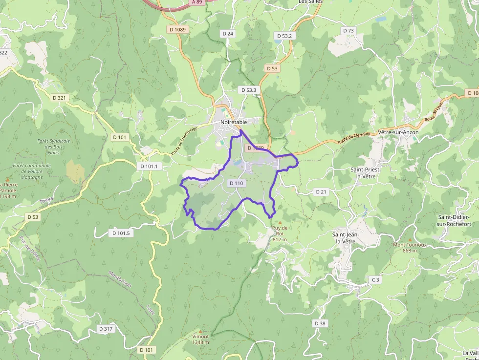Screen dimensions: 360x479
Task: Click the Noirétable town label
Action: click(234, 122)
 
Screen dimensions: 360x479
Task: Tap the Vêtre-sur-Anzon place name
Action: click(398, 132)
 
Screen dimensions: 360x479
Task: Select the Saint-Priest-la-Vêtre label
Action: click(366, 173)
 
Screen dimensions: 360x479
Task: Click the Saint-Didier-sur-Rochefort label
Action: click(454, 220)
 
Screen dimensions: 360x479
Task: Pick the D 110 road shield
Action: click(236, 183)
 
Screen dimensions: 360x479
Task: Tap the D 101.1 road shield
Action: click(150, 166)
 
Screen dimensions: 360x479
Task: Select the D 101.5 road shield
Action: click(121, 233)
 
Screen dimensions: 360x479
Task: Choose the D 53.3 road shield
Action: click(249, 90)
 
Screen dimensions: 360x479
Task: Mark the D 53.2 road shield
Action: click(284, 36)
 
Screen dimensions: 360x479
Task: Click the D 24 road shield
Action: click(228, 34)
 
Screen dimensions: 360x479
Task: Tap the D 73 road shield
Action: click(348, 30)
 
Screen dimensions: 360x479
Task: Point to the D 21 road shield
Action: click(321, 191)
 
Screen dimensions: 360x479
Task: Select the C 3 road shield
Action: click(375, 279)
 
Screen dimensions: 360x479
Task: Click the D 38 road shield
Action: click(320, 323)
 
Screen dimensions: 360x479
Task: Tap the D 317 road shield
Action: click(106, 329)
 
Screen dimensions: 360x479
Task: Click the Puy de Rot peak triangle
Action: click(280, 223)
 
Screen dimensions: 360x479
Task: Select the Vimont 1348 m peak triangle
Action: click(200, 331)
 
